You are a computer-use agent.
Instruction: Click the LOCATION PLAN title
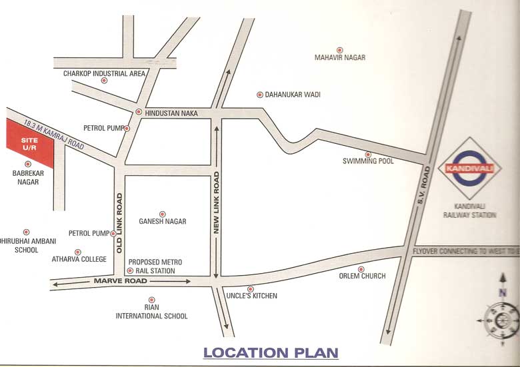point(271,352)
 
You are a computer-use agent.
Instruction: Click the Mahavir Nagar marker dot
point(339,49)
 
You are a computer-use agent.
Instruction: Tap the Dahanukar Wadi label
point(293,95)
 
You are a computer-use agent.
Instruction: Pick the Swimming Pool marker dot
point(367,154)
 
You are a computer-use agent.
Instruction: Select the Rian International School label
point(153,312)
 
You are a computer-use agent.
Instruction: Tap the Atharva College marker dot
point(78,252)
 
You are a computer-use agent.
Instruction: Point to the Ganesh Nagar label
point(162,221)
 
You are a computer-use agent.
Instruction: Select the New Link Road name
point(216,202)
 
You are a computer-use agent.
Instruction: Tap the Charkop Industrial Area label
point(104,73)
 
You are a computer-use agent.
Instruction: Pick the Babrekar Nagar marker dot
point(27,163)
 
